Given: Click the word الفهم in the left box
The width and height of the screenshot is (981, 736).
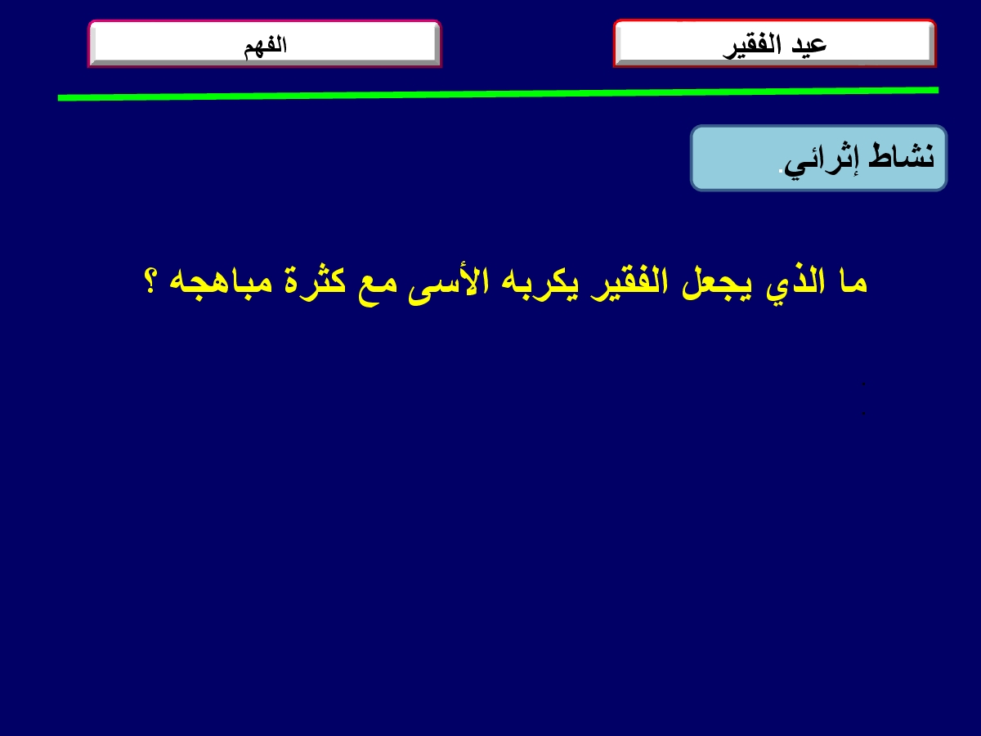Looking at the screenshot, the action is point(265,46).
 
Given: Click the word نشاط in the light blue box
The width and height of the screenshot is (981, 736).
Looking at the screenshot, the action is point(901,155).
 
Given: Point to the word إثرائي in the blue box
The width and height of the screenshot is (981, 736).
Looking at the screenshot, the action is point(822,159).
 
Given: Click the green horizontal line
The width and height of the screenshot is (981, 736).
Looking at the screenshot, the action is point(498,94).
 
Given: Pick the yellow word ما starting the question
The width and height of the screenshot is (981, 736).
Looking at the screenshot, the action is point(853,282).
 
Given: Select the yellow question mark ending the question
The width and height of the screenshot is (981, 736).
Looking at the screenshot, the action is point(150,280).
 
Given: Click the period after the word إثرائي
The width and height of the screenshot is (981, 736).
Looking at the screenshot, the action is point(781,169).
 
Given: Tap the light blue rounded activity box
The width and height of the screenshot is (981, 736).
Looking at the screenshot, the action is point(818,158).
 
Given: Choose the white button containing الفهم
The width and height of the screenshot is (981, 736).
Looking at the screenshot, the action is point(265,44).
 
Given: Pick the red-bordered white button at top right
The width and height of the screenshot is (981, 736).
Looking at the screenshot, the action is point(774,43).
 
